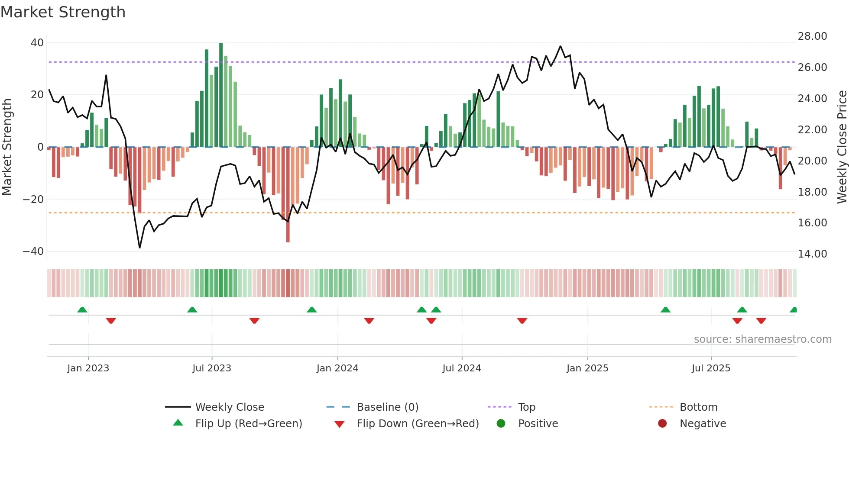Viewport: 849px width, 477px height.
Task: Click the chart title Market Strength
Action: [63, 12]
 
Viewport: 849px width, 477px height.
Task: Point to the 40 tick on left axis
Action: [37, 43]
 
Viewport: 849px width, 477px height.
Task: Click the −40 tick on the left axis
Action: [33, 251]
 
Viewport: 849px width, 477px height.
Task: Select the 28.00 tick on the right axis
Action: [812, 36]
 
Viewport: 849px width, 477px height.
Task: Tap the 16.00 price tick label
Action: [812, 223]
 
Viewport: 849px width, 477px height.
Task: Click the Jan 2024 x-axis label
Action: [337, 368]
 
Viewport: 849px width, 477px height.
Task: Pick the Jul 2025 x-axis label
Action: [711, 368]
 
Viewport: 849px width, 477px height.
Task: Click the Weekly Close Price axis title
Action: [842, 147]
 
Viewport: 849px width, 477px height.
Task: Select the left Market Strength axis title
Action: [7, 147]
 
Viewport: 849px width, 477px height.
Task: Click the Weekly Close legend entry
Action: [230, 407]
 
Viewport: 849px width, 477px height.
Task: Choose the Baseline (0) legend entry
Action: [387, 407]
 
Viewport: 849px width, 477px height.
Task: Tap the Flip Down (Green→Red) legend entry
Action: [418, 424]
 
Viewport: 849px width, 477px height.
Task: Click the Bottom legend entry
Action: [698, 407]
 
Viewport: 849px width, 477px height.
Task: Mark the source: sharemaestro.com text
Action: [762, 339]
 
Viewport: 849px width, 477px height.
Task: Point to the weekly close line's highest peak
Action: [561, 46]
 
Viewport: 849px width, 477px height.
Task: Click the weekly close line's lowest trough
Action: [139, 248]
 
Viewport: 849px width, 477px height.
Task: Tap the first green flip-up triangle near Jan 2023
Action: [82, 309]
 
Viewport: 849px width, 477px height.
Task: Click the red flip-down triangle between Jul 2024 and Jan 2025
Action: [522, 321]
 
